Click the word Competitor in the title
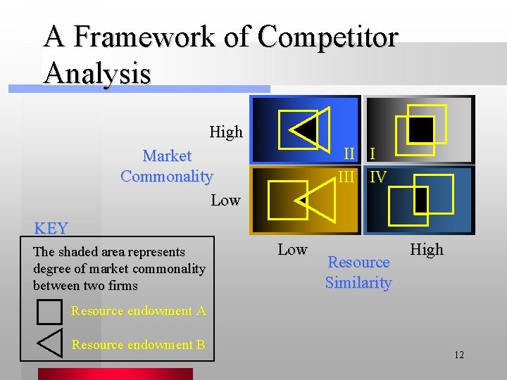point(327,37)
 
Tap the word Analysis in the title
point(97,72)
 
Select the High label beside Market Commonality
point(226,132)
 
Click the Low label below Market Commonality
point(225,200)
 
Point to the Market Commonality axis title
point(167,165)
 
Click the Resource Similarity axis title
point(358,272)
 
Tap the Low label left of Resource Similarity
point(292,249)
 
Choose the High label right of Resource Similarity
point(427,249)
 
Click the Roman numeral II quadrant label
point(349,153)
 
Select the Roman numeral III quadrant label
point(346,177)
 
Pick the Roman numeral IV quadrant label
point(378,177)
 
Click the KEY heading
point(51,228)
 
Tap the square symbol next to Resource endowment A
point(49,310)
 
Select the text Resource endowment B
point(138,344)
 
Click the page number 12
point(458,355)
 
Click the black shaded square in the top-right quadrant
point(421,128)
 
